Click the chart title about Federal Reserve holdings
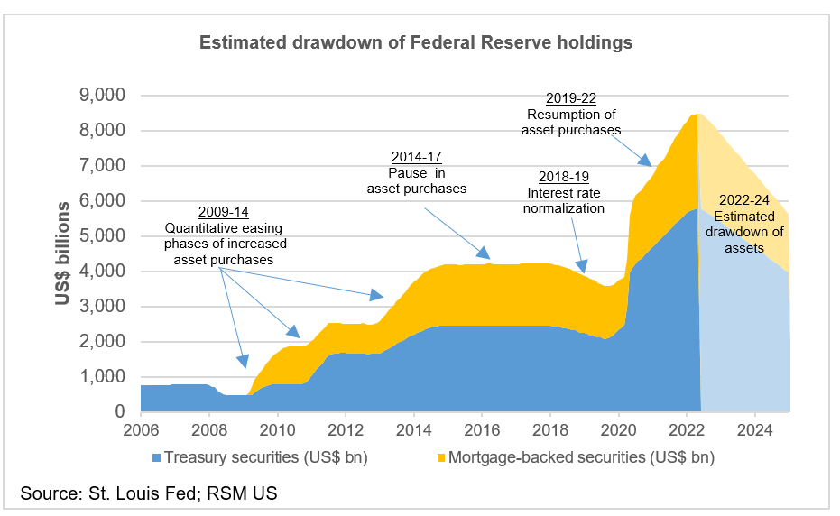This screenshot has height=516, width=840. coord(415,42)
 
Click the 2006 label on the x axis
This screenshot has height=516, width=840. coord(141,429)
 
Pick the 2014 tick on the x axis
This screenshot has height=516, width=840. coord(413,429)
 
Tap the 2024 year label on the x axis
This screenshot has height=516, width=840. coord(754,429)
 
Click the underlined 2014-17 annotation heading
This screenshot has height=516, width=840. coord(416,156)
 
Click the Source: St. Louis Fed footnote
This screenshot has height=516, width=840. coord(150,494)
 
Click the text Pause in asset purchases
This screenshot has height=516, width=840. coord(416,180)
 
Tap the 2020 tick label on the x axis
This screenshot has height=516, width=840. coord(618,429)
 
